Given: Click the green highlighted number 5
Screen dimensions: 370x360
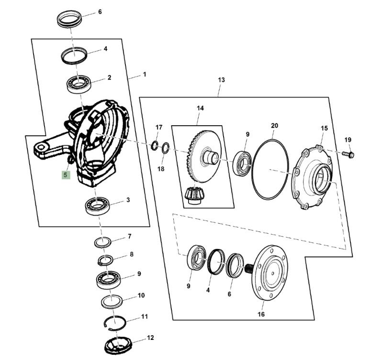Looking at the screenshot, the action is [x=66, y=175].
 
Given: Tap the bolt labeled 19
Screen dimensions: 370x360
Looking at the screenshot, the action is [x=348, y=154].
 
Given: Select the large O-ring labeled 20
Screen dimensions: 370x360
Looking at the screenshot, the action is [x=270, y=170].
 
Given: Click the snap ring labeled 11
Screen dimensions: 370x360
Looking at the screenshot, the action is [x=115, y=322].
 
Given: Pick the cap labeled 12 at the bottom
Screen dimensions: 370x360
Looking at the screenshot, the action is [x=118, y=345].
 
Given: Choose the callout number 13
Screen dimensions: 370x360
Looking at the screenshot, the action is [x=221, y=80].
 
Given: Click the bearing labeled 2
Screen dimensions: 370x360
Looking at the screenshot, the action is [x=79, y=84].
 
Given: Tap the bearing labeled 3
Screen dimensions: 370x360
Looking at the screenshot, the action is [x=97, y=207].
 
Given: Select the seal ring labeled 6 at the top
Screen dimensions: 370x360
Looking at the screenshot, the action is [x=69, y=18].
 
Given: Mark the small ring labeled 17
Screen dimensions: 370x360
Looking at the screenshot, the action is [x=154, y=145].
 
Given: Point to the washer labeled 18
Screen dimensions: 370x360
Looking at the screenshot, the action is [x=166, y=148].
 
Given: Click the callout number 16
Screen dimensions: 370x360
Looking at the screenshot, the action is [x=261, y=314].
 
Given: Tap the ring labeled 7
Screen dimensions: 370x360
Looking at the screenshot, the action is [x=103, y=242].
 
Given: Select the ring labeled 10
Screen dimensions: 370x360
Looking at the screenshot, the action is [x=112, y=302].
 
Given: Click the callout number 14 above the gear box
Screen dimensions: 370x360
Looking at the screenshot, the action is [x=200, y=108].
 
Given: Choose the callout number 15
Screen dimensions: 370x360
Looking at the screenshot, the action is [x=324, y=128].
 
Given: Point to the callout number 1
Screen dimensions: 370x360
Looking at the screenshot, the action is [x=145, y=75].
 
